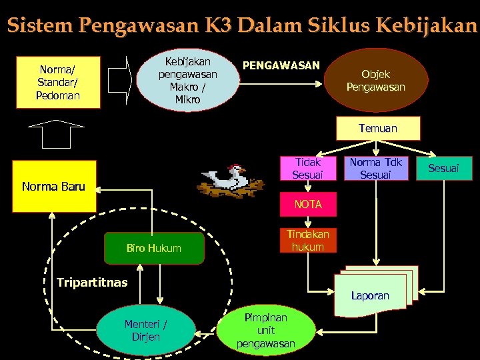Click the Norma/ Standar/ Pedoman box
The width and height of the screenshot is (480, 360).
pos(59,82)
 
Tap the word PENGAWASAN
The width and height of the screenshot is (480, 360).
pos(281,65)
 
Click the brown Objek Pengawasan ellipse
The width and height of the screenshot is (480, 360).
pos(375,80)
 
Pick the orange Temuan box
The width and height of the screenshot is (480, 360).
pos(377,128)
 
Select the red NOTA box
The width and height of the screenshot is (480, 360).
pos(307,205)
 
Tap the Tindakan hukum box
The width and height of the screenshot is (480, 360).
pos(307,241)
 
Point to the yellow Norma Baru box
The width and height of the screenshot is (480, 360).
pos(53,186)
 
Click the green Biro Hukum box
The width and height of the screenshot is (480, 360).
pos(154,248)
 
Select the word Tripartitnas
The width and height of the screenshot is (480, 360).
pos(92,282)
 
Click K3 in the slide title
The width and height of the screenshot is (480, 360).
pos(217,27)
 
